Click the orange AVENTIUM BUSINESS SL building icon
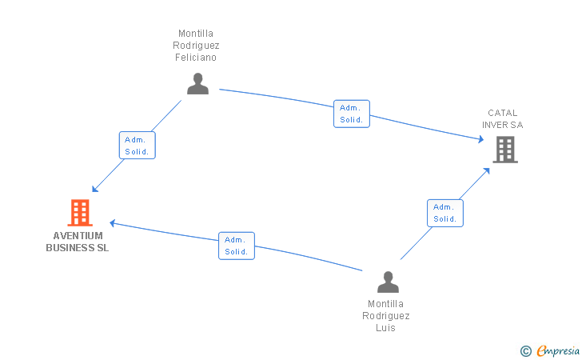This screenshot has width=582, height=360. (x=80, y=213)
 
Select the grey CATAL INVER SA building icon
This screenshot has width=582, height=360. (x=505, y=150)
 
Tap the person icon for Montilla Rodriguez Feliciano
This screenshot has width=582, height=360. (x=197, y=83)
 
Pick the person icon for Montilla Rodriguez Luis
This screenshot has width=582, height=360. (x=388, y=282)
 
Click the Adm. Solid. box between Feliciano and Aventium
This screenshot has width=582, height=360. (x=137, y=146)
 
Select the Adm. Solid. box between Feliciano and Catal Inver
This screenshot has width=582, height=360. (x=352, y=114)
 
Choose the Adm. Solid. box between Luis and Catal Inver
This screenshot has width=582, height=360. (x=445, y=213)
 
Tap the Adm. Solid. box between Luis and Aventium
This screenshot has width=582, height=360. (x=237, y=246)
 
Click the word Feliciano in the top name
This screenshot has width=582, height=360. (x=196, y=58)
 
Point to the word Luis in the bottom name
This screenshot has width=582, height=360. (x=385, y=328)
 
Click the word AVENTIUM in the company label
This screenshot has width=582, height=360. (x=78, y=236)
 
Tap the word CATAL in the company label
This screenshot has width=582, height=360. (x=503, y=113)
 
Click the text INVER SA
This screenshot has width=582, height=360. (x=503, y=125)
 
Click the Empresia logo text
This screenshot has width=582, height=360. (x=558, y=350)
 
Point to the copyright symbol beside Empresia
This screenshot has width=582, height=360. (x=525, y=351)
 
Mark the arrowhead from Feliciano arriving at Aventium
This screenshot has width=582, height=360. (x=94, y=189)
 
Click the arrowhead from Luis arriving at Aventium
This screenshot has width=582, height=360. (x=112, y=223)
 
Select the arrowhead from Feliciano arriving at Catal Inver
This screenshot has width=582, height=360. (x=481, y=139)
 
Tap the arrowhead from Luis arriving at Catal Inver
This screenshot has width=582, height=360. (x=487, y=171)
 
